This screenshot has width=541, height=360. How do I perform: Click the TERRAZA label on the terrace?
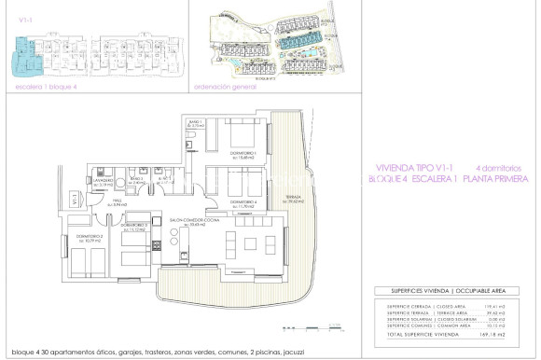pyautogui.click(x=281, y=197)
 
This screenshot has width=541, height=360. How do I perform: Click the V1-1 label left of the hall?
pyautogui.click(x=75, y=199)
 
